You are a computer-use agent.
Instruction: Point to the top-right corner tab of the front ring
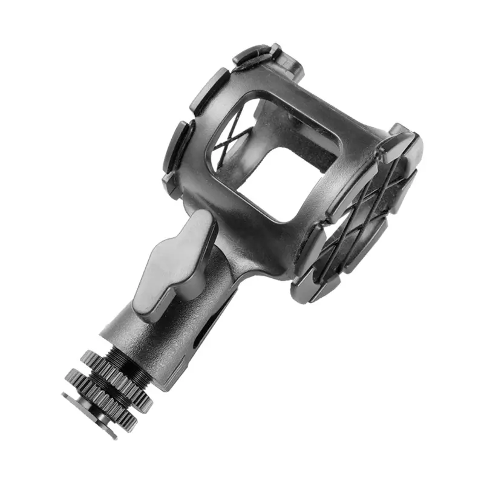click(403, 145)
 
